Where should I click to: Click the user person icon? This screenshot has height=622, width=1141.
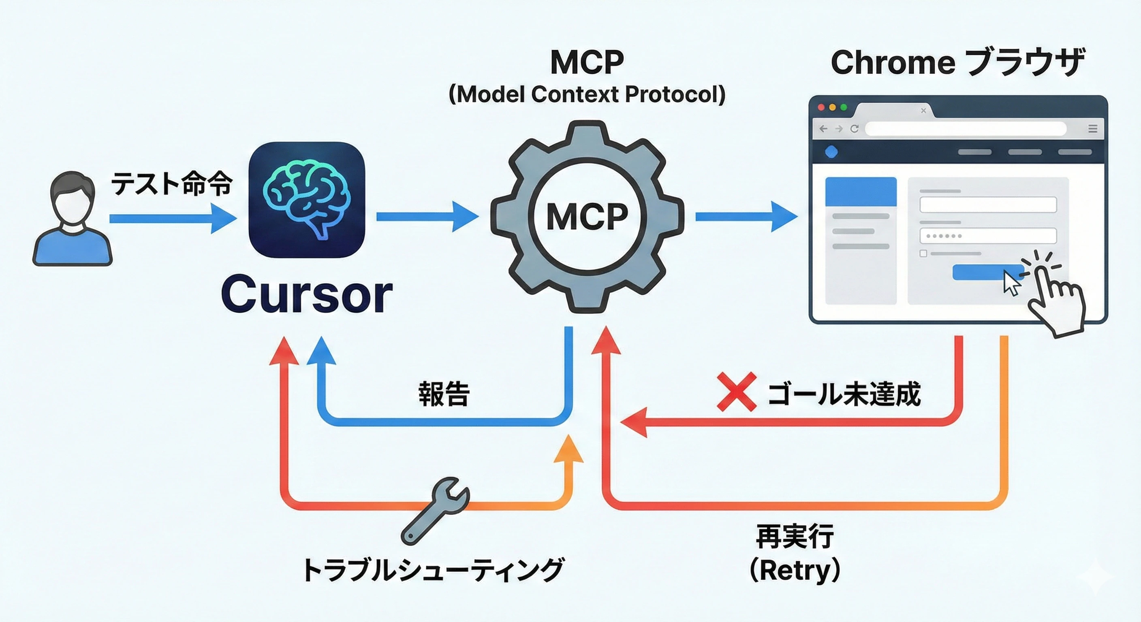[x=72, y=219]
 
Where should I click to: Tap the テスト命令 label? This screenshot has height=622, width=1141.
[x=171, y=183]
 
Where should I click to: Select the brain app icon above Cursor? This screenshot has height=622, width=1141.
[x=306, y=200]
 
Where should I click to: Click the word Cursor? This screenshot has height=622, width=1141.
[x=306, y=294]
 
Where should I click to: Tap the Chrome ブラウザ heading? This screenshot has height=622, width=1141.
[x=957, y=62]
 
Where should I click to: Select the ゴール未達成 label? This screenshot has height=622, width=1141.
[x=844, y=393]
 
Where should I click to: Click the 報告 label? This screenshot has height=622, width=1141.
[x=444, y=393]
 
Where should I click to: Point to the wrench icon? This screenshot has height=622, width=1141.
[x=434, y=510]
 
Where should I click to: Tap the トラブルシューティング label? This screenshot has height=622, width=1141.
[x=433, y=569]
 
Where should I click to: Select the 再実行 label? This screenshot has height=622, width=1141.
[x=795, y=536]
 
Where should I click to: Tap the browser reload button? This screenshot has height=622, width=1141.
[x=855, y=129]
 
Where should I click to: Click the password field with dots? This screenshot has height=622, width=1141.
[x=988, y=236]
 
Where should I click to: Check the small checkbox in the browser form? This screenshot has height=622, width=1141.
[x=923, y=253]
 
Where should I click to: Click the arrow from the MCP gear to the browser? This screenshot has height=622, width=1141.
[x=746, y=217]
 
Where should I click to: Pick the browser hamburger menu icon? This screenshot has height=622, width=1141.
[x=1093, y=129]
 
